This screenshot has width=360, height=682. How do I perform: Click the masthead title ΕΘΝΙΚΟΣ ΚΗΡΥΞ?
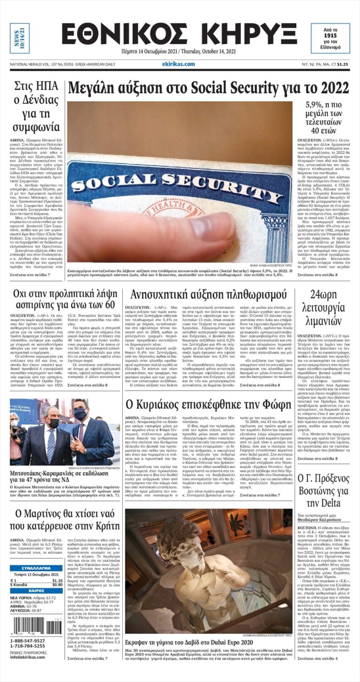(x=179, y=34)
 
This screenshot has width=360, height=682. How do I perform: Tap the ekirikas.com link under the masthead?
(x=178, y=64)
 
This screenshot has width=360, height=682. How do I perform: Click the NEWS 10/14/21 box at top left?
(x=19, y=38)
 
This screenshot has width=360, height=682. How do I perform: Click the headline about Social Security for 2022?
(x=208, y=88)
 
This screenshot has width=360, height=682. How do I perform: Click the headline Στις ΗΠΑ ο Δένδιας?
(x=36, y=106)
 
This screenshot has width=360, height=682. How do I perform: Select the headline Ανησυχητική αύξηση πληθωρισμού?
(x=208, y=295)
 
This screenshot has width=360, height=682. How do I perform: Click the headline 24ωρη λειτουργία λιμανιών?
(x=323, y=308)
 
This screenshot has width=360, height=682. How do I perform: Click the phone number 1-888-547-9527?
(x=28, y=641)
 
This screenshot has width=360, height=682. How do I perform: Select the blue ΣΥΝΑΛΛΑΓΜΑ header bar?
(x=36, y=568)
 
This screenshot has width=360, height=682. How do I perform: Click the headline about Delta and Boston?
(x=323, y=491)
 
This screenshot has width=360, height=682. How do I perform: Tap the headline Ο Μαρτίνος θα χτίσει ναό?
(x=64, y=519)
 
